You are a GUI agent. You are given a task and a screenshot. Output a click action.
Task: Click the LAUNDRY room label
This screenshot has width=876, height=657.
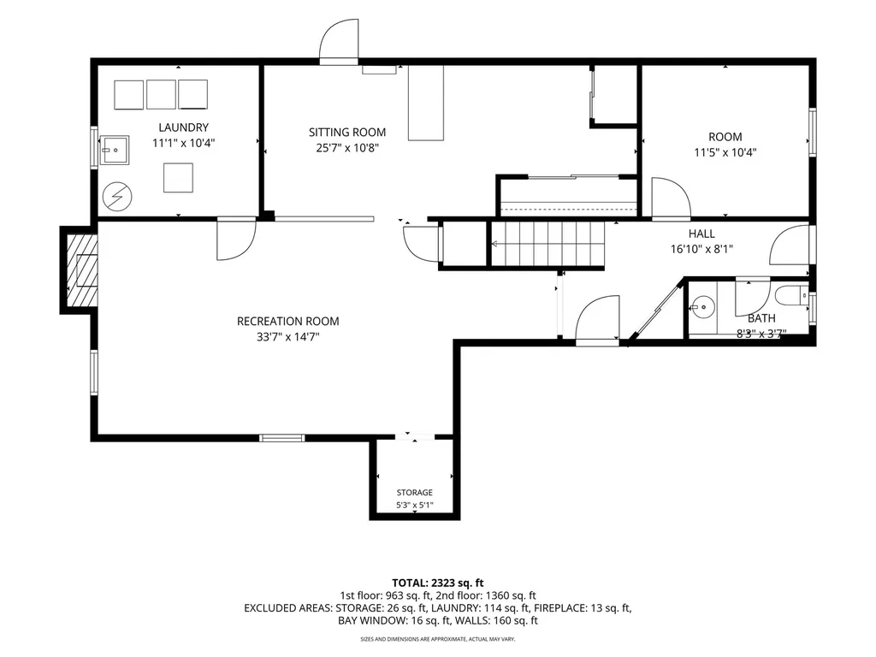pos(183,127)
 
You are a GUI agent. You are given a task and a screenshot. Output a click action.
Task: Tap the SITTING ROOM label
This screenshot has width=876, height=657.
pos(347,133)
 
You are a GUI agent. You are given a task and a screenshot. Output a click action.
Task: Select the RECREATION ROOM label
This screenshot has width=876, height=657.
pos(287,322)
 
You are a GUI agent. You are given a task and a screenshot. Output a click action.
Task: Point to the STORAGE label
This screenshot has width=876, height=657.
pos(415,492)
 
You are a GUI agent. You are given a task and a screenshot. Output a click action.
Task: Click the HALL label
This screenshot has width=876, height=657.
pos(701,234)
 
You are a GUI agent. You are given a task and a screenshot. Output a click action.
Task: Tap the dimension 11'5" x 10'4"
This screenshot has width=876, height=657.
pos(725,152)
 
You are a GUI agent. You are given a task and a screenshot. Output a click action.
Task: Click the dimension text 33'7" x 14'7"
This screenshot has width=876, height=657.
pos(287,337)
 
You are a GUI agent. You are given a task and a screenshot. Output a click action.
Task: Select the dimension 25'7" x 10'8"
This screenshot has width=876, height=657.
pos(347,148)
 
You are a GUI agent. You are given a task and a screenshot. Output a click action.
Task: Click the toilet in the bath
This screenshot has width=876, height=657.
pos(791,295)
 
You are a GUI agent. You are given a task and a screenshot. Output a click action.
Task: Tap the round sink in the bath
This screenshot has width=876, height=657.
pos(702,307)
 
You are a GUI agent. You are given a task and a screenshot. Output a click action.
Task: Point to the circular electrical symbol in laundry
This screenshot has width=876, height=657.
pos(117,198)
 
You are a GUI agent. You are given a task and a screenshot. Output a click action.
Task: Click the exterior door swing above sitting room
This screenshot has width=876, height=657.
pos(339,39)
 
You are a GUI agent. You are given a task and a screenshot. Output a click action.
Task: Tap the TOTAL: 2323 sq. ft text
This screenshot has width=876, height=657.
pos(437,583)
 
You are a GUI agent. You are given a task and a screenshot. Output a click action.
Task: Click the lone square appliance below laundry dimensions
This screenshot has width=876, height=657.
pos(178,178)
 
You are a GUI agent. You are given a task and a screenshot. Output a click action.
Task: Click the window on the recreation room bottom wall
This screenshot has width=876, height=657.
pos(282,438)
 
